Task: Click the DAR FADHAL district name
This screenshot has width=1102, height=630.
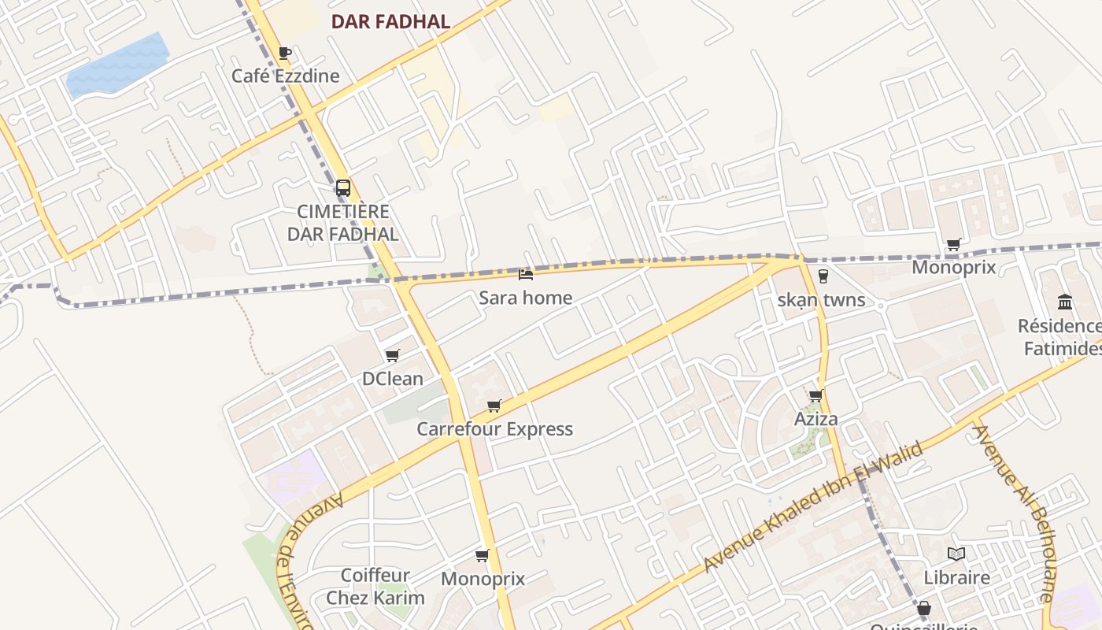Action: point(390,22)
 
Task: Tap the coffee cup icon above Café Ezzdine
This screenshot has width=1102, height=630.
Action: point(285,53)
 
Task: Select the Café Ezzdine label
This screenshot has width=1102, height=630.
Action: point(285,76)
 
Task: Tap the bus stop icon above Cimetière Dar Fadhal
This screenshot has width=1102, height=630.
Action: point(343,188)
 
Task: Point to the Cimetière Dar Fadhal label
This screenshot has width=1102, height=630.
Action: point(342,223)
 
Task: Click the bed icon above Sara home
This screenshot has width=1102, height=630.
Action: point(526,274)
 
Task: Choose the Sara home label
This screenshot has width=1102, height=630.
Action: point(526,298)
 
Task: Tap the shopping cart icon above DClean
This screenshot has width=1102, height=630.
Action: point(393,355)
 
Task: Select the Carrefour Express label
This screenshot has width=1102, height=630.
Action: point(494,429)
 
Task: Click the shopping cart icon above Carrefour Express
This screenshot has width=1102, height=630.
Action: point(494,406)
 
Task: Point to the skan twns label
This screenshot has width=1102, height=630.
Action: point(821,300)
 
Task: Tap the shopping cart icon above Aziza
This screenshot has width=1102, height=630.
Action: point(816,395)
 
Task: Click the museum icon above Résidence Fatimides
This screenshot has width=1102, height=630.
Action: point(1065,302)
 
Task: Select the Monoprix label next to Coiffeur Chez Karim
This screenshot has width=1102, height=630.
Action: point(483,579)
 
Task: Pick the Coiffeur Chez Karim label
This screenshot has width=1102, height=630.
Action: point(375,587)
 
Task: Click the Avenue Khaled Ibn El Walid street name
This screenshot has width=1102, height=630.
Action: point(813,508)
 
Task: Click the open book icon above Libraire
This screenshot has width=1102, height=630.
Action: point(956,554)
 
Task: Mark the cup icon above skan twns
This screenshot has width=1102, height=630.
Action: point(823,276)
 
